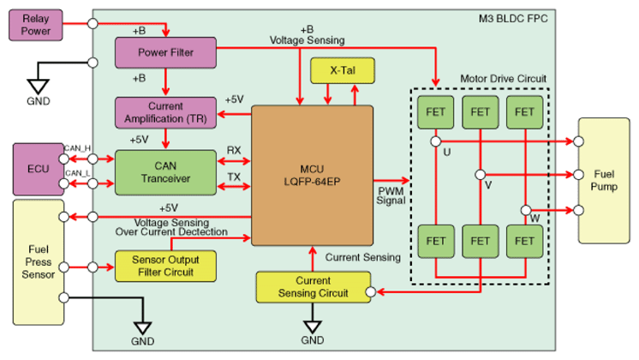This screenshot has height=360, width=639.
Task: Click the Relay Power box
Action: (x=36, y=24)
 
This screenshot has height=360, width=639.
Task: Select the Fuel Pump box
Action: (x=604, y=180)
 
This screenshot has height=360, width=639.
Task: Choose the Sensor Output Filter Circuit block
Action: (x=165, y=265)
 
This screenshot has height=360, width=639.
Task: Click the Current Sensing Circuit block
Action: (x=314, y=287)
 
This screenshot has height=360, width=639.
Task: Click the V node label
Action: (x=487, y=184)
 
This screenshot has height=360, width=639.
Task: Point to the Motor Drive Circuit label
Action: (x=503, y=78)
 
